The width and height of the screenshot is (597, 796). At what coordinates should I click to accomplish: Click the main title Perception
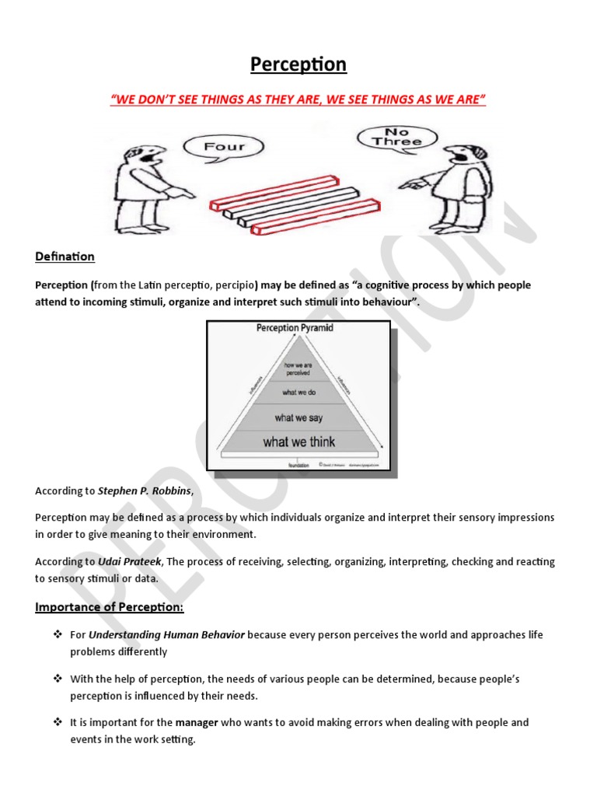click(x=298, y=64)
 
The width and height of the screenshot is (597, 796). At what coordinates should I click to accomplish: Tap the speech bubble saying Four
click(x=224, y=146)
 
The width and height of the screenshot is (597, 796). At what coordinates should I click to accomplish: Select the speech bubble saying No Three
click(x=396, y=138)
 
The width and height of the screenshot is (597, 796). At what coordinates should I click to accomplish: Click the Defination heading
click(x=65, y=257)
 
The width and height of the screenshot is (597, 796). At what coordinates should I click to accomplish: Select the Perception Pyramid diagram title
click(x=295, y=328)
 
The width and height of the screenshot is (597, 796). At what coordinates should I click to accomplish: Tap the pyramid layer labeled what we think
click(x=299, y=442)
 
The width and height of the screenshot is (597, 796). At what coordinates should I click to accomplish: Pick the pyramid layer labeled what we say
click(x=299, y=417)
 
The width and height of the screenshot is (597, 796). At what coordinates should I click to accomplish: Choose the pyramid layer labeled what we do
click(x=299, y=393)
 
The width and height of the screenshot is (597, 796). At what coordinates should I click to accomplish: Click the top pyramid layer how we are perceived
click(x=299, y=367)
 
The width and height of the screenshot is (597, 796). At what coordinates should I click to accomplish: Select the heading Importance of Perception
click(x=110, y=606)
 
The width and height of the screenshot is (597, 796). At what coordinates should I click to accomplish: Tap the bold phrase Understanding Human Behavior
click(x=167, y=635)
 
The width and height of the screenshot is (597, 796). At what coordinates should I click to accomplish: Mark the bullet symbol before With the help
click(x=57, y=679)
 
